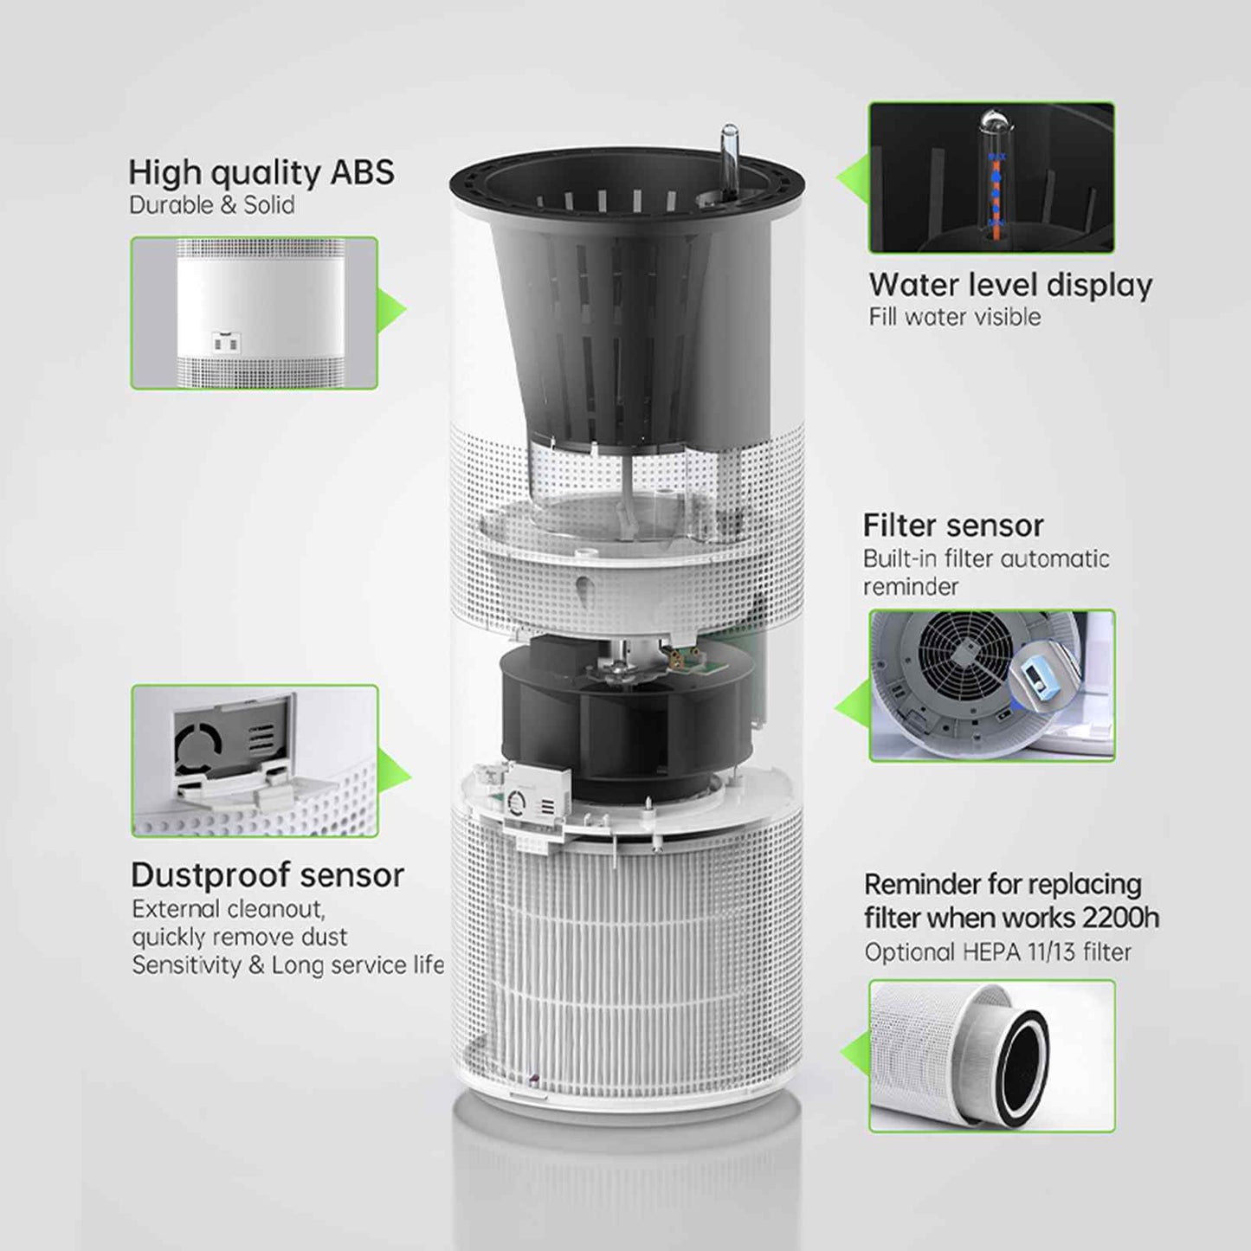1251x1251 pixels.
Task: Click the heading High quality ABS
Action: pos(261,172)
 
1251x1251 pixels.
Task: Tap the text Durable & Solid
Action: pos(211,205)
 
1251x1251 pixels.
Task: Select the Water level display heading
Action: pos(1009,285)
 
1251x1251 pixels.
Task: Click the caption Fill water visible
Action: pos(954,317)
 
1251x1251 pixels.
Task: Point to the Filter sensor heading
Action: pos(952,526)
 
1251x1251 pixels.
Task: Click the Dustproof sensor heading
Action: pos(267,875)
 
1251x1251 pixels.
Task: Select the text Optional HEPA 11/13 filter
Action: pos(997,952)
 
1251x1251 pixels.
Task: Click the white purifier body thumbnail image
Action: pos(254,313)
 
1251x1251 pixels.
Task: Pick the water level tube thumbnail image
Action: pos(991,177)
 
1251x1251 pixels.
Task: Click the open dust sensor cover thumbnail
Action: pos(254,760)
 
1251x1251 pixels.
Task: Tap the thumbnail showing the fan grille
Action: pos(991,685)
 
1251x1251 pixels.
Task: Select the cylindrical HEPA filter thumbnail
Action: pos(991,1055)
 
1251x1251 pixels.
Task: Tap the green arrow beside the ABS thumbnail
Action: pos(392,312)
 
